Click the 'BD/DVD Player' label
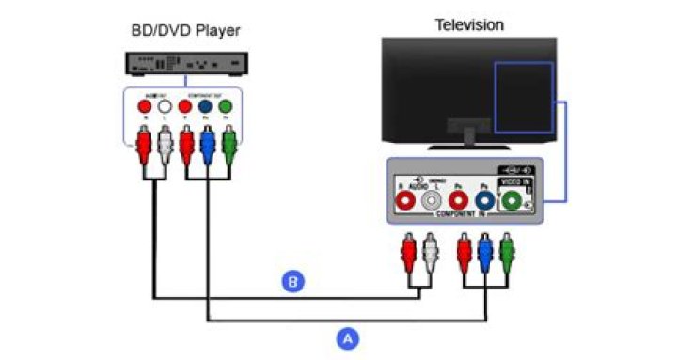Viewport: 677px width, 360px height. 184,31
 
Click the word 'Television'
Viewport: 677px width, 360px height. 467,23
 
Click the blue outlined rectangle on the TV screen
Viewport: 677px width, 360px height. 525,98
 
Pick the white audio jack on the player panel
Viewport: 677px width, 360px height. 164,107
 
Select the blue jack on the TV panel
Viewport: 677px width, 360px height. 485,198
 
